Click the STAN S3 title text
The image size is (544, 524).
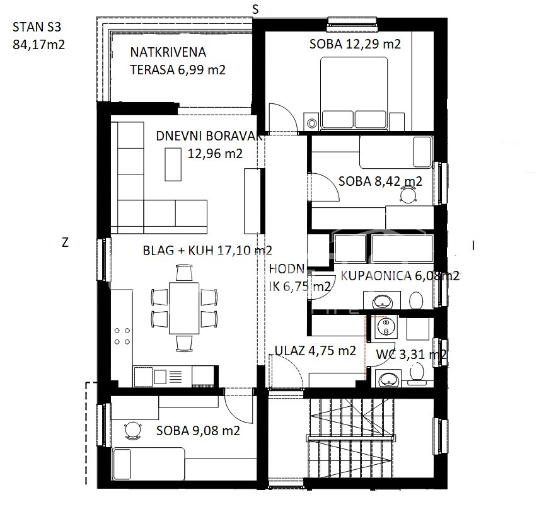click(x=37, y=26)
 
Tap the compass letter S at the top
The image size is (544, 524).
click(x=255, y=9)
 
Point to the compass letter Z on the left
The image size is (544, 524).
click(x=65, y=242)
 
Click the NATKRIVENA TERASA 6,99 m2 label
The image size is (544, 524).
click(x=178, y=61)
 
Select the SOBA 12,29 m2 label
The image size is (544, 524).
click(x=355, y=44)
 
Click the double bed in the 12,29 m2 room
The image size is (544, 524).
click(x=354, y=94)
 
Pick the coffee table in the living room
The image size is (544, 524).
click(x=173, y=164)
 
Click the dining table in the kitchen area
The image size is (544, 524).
click(x=184, y=308)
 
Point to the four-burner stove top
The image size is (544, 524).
click(x=122, y=336)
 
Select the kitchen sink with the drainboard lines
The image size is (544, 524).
click(x=168, y=377)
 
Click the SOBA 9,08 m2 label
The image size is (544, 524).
click(x=198, y=431)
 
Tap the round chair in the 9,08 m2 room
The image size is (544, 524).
click(x=133, y=430)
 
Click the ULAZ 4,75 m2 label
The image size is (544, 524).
click(x=315, y=351)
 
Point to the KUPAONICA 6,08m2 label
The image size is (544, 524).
click(x=400, y=276)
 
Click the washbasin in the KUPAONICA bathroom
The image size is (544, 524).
click(x=381, y=301)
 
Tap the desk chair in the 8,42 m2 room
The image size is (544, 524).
click(x=408, y=194)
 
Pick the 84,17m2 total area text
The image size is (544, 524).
click(x=39, y=45)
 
